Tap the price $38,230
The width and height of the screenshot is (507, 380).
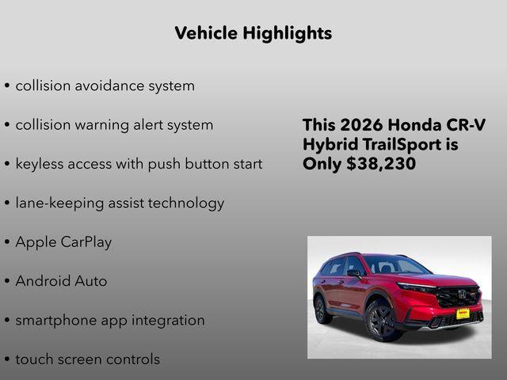(382, 164)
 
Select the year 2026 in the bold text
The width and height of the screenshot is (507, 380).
(363, 126)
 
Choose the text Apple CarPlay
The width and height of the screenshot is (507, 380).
(63, 242)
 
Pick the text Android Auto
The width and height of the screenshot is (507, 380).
(61, 281)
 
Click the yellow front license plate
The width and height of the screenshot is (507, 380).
(463, 313)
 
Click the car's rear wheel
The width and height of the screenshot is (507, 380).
(322, 308)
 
